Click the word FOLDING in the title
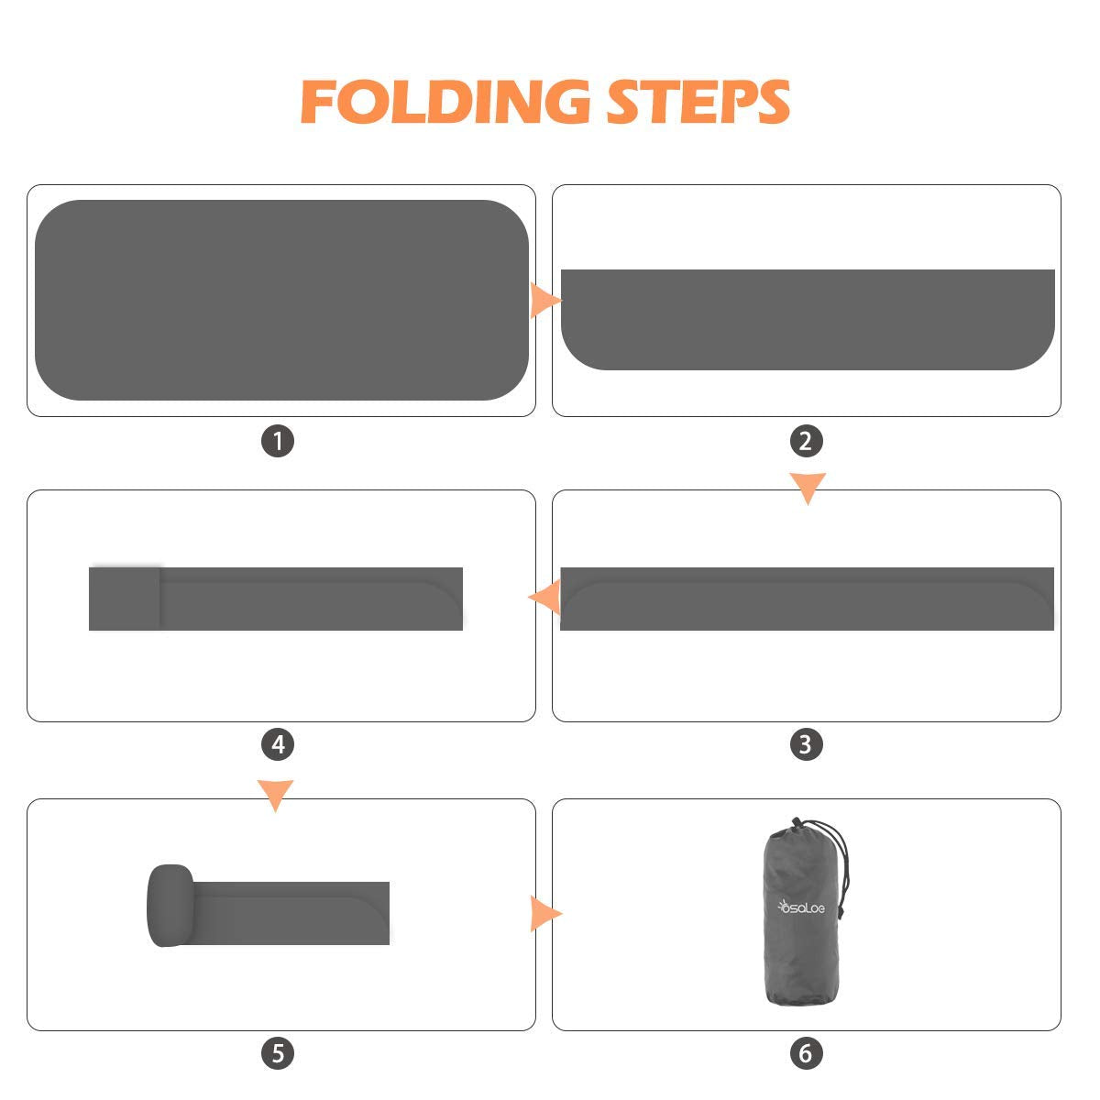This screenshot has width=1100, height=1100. click(x=445, y=102)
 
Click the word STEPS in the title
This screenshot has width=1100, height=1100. click(x=698, y=102)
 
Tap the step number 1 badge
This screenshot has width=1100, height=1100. click(x=278, y=441)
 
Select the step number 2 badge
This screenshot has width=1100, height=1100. click(x=806, y=441)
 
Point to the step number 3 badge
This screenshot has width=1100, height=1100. click(x=806, y=744)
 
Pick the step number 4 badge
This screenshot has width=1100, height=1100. click(x=278, y=744)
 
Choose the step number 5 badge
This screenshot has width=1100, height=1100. click(x=278, y=1053)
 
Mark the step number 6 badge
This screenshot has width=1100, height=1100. click(x=806, y=1053)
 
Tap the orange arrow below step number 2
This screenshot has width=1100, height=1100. click(x=808, y=488)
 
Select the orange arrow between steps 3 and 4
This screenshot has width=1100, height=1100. click(x=544, y=597)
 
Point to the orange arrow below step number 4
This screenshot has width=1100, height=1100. click(x=276, y=795)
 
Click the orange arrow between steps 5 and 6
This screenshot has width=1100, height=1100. click(x=545, y=913)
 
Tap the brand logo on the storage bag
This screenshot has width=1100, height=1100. click(x=801, y=907)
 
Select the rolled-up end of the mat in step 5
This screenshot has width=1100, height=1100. click(x=170, y=906)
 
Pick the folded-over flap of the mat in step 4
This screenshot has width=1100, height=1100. click(x=125, y=599)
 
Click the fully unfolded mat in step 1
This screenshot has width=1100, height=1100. click(x=281, y=300)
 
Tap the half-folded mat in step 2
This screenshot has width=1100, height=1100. click(x=808, y=319)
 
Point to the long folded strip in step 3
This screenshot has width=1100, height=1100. click(x=808, y=599)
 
